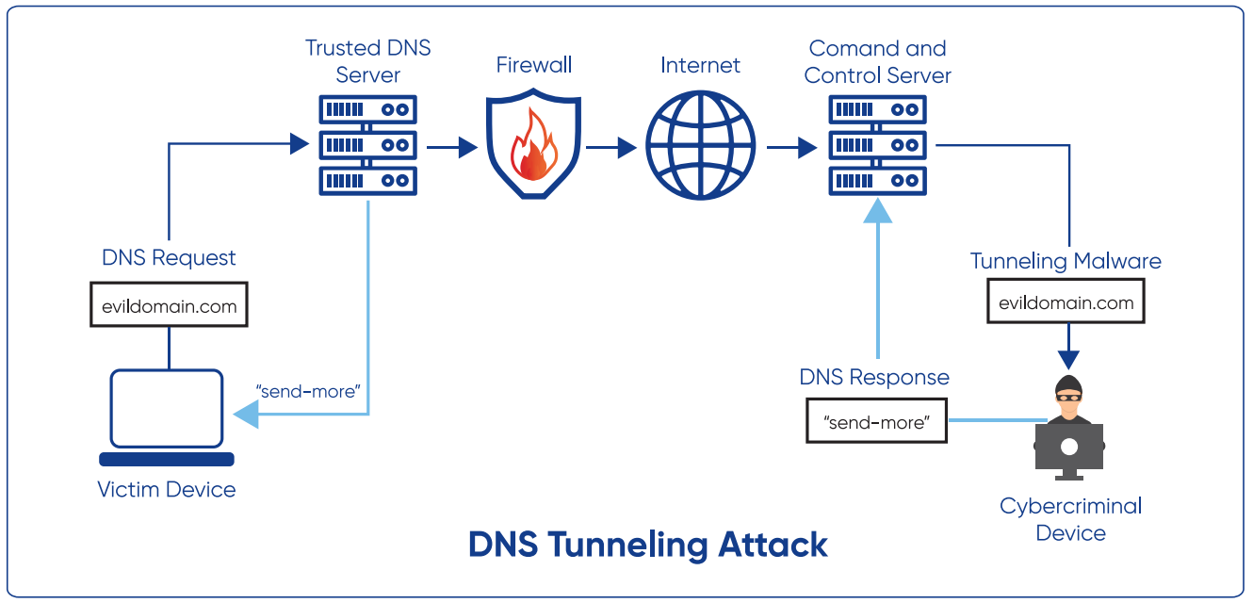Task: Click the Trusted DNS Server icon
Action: tap(368, 144)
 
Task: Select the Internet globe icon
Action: tap(700, 146)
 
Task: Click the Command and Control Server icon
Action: tap(878, 144)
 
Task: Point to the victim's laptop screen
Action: tap(167, 407)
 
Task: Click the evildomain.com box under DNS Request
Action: tap(170, 305)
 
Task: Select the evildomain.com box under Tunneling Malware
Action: tap(1066, 302)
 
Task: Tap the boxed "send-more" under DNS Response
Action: tap(877, 422)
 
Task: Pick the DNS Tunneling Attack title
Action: tap(648, 545)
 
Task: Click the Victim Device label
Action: tap(167, 489)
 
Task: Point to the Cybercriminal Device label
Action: tap(1070, 519)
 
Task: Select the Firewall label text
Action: tap(534, 65)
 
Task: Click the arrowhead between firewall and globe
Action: tap(625, 147)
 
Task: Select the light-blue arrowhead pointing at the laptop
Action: tap(246, 414)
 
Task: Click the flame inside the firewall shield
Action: tap(534, 151)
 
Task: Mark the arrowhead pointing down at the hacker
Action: tap(1068, 359)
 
